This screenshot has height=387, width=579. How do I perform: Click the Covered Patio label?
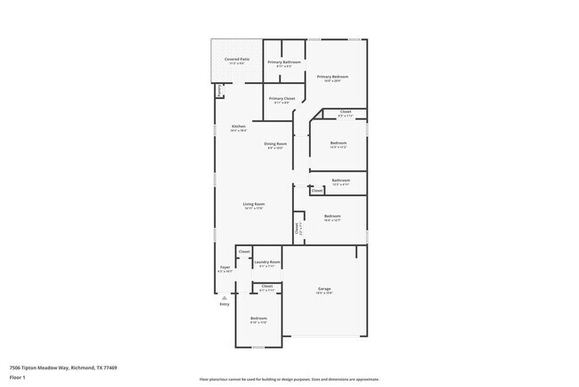(x=237, y=60)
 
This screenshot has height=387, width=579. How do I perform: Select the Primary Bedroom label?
(x=332, y=77)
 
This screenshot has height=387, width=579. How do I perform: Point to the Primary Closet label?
(x=282, y=98)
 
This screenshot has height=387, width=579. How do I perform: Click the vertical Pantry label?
(x=219, y=90)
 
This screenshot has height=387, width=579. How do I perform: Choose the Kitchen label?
(x=239, y=127)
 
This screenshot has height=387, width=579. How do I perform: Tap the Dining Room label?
(x=275, y=144)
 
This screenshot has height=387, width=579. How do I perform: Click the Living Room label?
(x=255, y=204)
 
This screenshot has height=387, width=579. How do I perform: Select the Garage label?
(x=325, y=289)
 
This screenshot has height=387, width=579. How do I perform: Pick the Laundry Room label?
(x=267, y=262)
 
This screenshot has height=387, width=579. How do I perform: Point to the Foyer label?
(x=224, y=268)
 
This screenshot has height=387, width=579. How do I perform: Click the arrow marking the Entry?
(x=224, y=298)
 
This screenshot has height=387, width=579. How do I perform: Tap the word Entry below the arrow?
(x=224, y=305)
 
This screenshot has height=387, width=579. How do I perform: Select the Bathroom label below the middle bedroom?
(x=340, y=180)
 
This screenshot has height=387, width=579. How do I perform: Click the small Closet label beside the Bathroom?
(x=317, y=190)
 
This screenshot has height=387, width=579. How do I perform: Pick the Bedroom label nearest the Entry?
(x=258, y=318)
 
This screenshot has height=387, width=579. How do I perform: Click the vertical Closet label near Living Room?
(x=297, y=228)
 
